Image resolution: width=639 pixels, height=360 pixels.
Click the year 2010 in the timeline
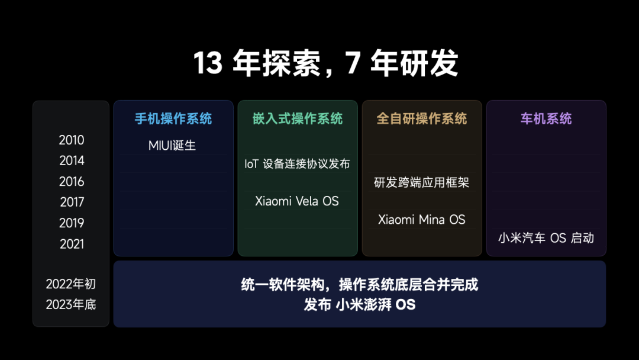tap(72, 140)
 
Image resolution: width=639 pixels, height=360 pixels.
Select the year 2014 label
tap(72, 161)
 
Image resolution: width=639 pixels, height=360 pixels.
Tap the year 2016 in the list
tap(72, 182)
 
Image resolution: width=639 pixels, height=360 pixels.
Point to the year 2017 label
tap(72, 202)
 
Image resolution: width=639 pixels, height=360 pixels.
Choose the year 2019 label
tap(72, 223)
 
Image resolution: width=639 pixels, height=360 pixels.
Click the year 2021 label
tap(72, 244)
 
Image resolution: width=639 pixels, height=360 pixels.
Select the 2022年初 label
tap(71, 284)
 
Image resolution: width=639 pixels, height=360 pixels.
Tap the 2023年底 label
tap(71, 305)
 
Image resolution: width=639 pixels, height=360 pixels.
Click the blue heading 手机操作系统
tap(173, 118)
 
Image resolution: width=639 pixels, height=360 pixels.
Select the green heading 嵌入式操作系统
tap(298, 118)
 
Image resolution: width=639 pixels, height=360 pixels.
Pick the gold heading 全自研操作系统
tap(422, 118)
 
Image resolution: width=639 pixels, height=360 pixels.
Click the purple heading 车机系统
tap(546, 118)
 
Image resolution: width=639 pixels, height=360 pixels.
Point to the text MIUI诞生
tap(172, 145)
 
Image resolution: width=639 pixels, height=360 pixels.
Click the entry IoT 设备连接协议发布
tap(297, 164)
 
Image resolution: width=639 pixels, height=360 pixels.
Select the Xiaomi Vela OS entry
tap(297, 201)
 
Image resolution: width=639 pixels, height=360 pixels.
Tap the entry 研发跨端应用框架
tap(421, 182)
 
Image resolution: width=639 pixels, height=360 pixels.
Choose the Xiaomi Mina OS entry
tap(422, 220)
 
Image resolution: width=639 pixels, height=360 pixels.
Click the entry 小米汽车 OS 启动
tap(546, 238)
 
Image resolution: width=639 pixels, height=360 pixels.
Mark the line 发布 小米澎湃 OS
tap(360, 305)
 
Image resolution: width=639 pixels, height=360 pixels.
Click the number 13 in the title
tap(208, 63)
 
